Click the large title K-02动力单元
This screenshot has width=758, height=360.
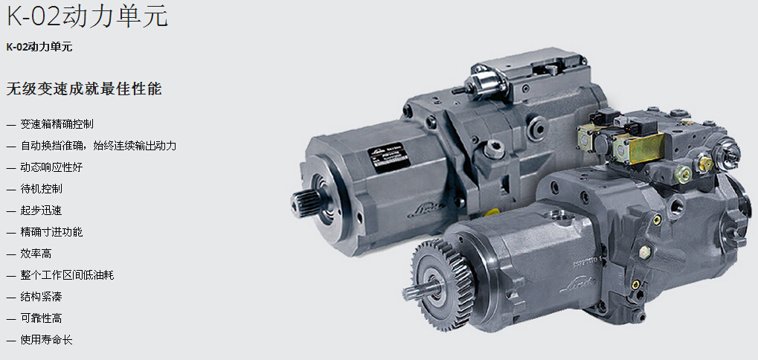tap(87, 15)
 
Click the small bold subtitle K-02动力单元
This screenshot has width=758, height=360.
tap(39, 47)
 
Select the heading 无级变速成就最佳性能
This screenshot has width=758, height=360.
tap(83, 89)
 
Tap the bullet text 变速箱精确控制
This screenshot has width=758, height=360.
tap(57, 124)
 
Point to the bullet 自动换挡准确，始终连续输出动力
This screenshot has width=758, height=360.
tap(98, 146)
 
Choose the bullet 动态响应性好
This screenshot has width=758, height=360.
tap(52, 167)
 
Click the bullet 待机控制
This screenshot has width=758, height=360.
tap(41, 188)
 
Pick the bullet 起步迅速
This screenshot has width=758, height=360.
tap(41, 210)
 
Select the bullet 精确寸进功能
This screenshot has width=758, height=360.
tap(52, 232)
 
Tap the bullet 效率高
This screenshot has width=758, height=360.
tap(36, 253)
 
